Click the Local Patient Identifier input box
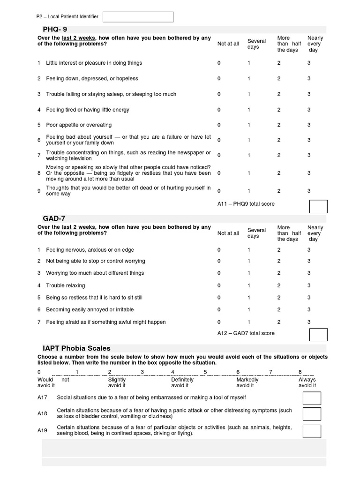pyautogui.click(x=138, y=17)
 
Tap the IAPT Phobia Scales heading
pyautogui.click(x=76, y=348)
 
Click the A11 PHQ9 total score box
pyautogui.click(x=318, y=206)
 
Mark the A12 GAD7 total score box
pyautogui.click(x=318, y=335)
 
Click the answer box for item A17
pyautogui.click(x=312, y=398)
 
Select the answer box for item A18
pyautogui.click(x=312, y=414)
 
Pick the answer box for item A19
pyautogui.click(x=312, y=431)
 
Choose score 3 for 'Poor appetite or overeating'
pyautogui.click(x=309, y=125)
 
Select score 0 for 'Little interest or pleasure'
pyautogui.click(x=219, y=63)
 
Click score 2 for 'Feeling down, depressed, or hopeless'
pyautogui.click(x=279, y=79)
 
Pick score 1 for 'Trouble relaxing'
pyautogui.click(x=249, y=285)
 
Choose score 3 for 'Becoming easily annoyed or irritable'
pyautogui.click(x=309, y=310)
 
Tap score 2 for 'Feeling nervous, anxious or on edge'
pyautogui.click(x=279, y=250)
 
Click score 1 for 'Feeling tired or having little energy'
pyautogui.click(x=249, y=110)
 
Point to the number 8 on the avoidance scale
pyautogui.click(x=300, y=372)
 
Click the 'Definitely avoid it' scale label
pyautogui.click(x=182, y=382)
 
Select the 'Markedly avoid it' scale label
pyautogui.click(x=247, y=382)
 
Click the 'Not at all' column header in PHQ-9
pyautogui.click(x=228, y=44)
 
